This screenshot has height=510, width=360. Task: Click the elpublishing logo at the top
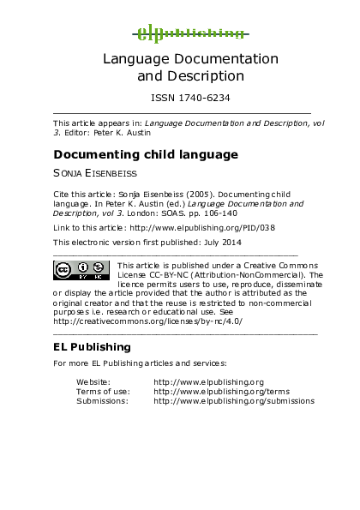coord(190,33)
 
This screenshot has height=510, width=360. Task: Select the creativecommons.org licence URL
coord(147,321)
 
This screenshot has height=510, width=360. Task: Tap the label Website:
coord(93,381)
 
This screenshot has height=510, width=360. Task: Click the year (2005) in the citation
coord(189,194)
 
